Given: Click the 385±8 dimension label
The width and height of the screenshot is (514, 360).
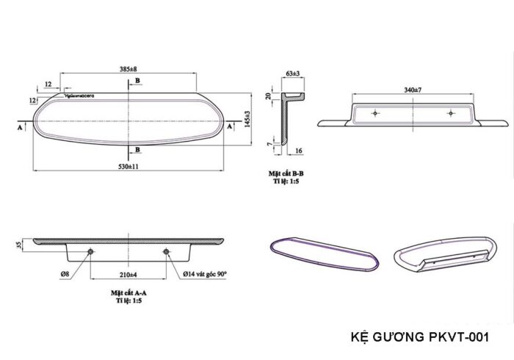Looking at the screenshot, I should [128, 69].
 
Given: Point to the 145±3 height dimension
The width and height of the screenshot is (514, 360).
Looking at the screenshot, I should [247, 118].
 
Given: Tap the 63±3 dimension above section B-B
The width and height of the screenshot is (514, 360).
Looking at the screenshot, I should [294, 73].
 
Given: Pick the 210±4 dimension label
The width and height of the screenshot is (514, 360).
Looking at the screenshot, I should [128, 275].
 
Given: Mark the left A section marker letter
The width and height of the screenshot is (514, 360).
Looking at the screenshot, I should [17, 127].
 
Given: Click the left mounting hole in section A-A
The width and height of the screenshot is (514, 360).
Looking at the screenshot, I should [90, 253].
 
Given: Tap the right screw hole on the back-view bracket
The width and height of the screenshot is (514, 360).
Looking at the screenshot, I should [451, 112].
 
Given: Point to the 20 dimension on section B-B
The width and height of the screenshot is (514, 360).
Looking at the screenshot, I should [269, 96].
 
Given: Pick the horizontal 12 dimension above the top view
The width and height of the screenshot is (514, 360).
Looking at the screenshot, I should [48, 84].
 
